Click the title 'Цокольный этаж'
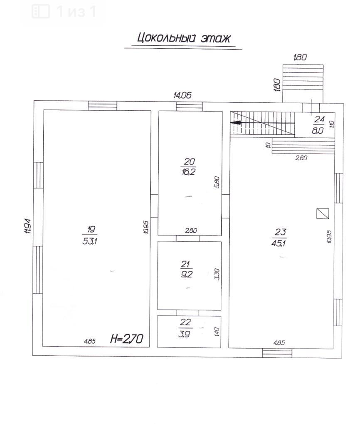tap(184, 38)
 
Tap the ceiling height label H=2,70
tap(126, 339)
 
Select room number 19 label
tap(91, 229)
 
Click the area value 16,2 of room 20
tap(189, 172)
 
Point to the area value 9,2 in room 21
tap(187, 274)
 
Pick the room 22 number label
tap(185, 322)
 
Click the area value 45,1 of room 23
tap(279, 243)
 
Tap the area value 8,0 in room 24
tap(317, 130)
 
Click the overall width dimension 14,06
tap(182, 95)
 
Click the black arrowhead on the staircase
tap(237, 123)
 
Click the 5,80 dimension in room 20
tap(217, 182)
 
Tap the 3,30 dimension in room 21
tap(217, 274)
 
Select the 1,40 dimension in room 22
tap(217, 332)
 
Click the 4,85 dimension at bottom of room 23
tap(279, 343)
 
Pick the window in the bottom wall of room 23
tap(277, 353)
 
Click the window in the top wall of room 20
tap(190, 106)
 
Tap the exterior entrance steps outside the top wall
tap(303, 83)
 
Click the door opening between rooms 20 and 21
tap(188, 238)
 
